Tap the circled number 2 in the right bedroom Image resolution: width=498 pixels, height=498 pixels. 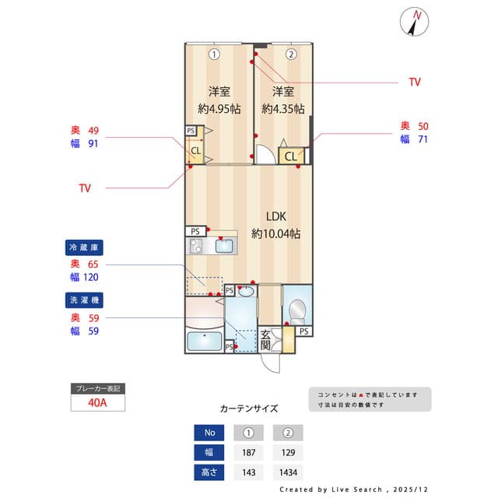click(290, 54)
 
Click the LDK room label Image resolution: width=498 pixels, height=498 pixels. click(276, 217)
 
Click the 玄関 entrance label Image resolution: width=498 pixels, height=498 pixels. click(265, 340)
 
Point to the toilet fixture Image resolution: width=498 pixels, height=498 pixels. click(296, 309)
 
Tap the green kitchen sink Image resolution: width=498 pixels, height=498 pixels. click(224, 247)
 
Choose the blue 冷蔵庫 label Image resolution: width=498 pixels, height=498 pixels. click(85, 247)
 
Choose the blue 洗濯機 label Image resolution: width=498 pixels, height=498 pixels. click(85, 300)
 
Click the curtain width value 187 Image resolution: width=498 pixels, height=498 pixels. click(248, 452)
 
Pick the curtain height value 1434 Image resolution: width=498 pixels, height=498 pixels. click(287, 472)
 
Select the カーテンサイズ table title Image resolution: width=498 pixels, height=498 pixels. click(248, 408)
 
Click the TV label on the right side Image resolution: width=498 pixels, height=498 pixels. click(415, 82)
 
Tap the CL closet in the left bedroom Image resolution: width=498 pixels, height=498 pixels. click(196, 150)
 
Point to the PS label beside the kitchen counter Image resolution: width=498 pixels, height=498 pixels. click(195, 231)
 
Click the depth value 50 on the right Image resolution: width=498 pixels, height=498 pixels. click(423, 126)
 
